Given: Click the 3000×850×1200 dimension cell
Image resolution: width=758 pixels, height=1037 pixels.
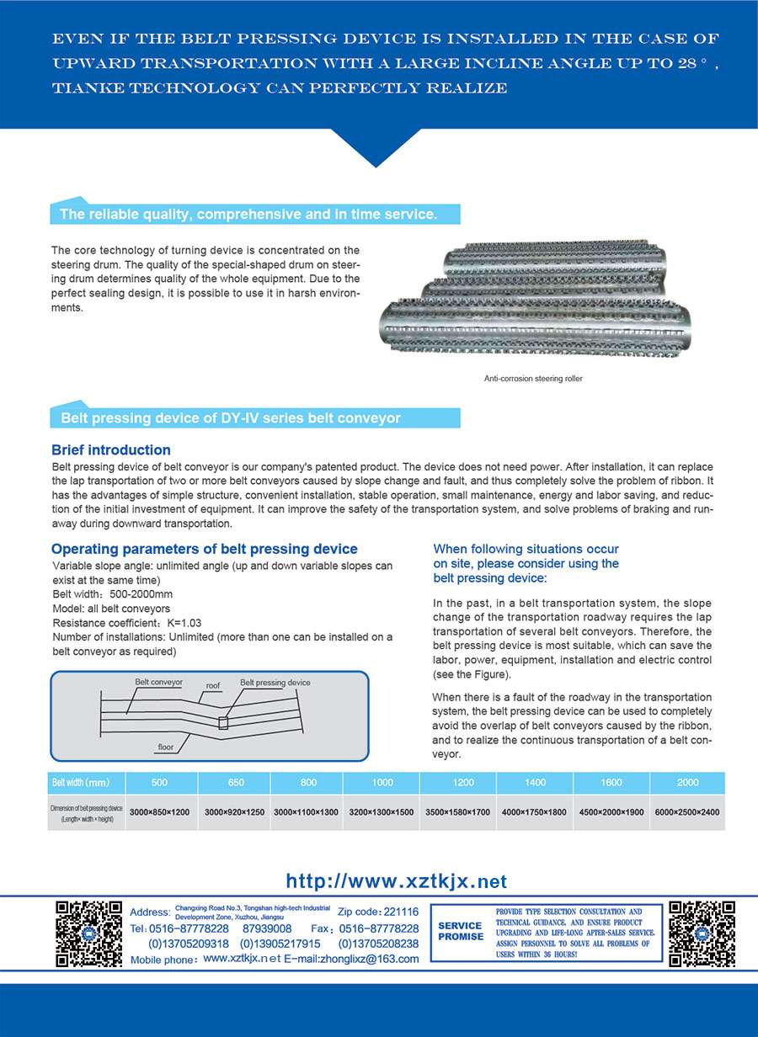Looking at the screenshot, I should point(159,812).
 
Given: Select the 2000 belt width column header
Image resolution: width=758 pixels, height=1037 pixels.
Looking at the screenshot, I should point(687,783).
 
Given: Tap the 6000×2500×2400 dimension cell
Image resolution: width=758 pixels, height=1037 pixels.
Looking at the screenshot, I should point(687,812).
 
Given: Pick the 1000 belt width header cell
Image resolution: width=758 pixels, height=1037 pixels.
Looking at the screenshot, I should point(382,783).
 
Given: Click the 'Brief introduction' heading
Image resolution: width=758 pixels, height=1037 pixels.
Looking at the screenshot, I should point(111,450).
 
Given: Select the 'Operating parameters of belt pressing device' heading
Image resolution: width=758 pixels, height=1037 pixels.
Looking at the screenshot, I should point(205,550).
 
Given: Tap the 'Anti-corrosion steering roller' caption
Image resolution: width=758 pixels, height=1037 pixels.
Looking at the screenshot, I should point(533,379).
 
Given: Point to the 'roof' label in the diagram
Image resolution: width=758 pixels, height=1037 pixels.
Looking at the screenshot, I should point(213,686).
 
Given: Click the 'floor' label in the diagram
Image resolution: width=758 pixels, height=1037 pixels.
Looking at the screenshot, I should point(166,747).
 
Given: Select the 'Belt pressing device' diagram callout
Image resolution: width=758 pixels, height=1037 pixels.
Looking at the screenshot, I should point(275,683).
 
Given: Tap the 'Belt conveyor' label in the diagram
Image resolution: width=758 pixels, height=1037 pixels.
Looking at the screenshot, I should point(158,682).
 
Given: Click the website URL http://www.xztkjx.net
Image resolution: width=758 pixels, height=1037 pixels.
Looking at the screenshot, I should point(397,881).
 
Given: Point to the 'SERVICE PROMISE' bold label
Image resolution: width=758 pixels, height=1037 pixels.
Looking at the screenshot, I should point(461,931).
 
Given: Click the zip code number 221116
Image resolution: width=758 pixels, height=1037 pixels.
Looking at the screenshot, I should point(401,912).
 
